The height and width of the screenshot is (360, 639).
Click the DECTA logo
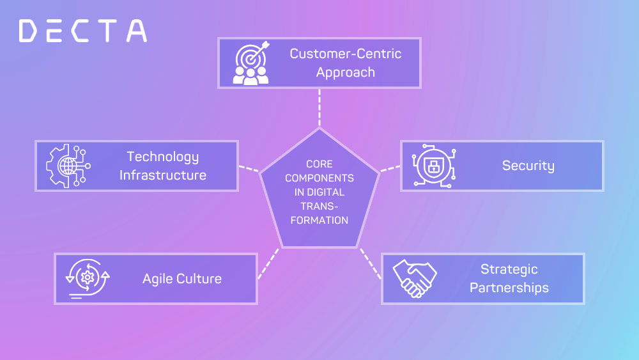(83, 31)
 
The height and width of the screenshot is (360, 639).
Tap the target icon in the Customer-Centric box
(251, 63)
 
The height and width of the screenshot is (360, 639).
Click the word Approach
(346, 72)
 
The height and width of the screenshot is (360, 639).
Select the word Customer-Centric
(346, 53)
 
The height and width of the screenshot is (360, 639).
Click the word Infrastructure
(163, 175)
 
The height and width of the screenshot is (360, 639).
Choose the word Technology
(163, 157)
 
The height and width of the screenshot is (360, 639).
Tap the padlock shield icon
(433, 166)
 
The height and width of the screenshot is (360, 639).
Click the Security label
(528, 166)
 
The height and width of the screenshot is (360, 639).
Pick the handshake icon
(414, 279)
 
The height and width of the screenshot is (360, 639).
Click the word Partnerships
(509, 288)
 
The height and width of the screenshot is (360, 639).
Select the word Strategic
(509, 269)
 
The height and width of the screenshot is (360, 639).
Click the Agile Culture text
(182, 279)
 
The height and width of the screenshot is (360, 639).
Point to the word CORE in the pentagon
(319, 164)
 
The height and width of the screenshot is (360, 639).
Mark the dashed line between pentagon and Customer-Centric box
(319, 107)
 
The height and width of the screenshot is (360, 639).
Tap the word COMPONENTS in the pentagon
(319, 178)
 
